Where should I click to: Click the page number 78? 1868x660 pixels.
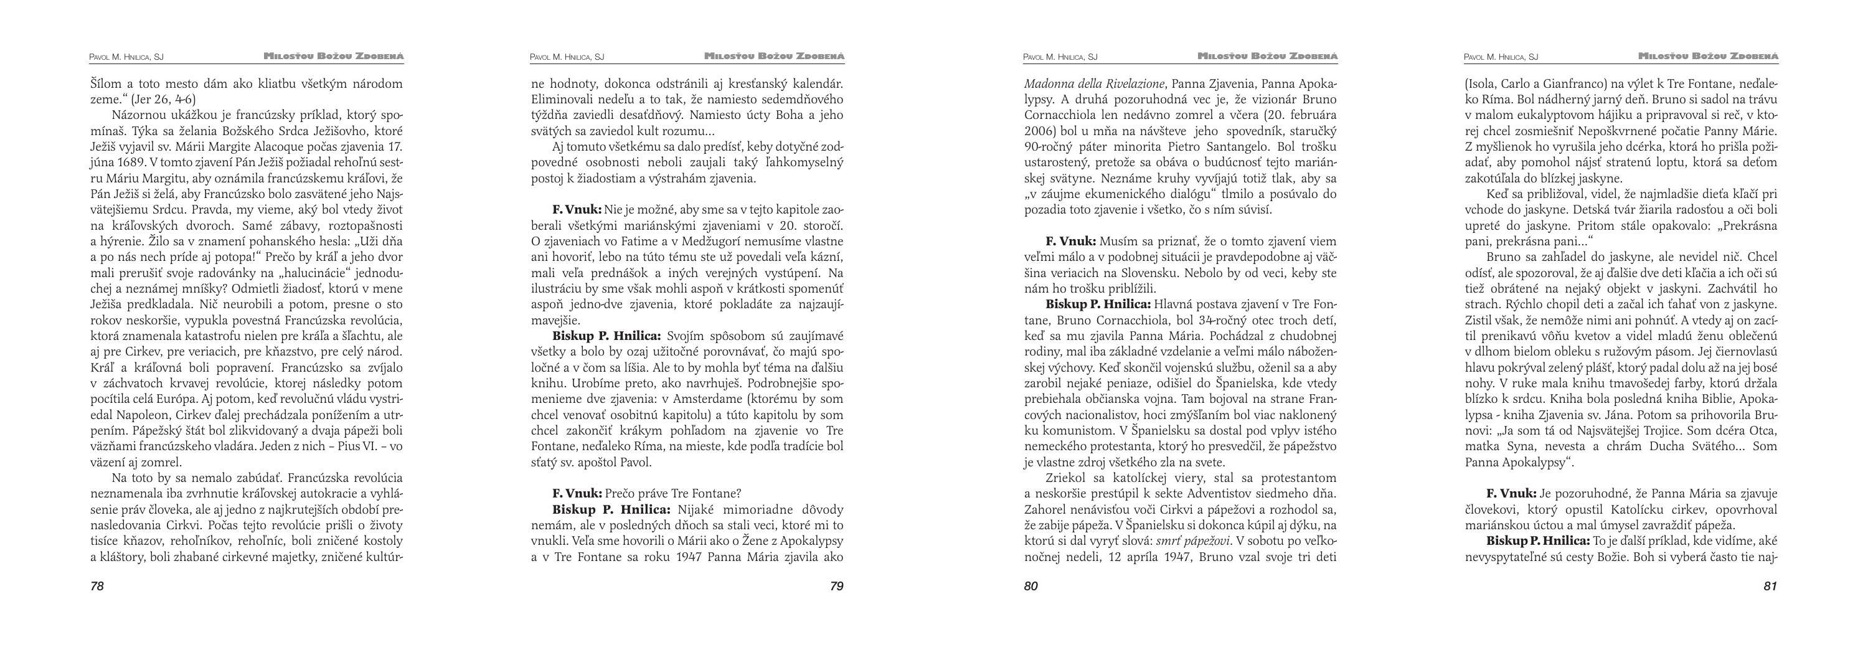click(x=97, y=587)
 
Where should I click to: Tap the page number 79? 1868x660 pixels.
click(x=836, y=587)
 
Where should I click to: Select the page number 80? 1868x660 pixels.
click(x=1031, y=587)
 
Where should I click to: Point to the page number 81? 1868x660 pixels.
click(x=1770, y=587)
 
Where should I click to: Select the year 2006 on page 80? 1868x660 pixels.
click(x=1039, y=131)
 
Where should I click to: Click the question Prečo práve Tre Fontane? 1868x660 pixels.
click(x=672, y=494)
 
